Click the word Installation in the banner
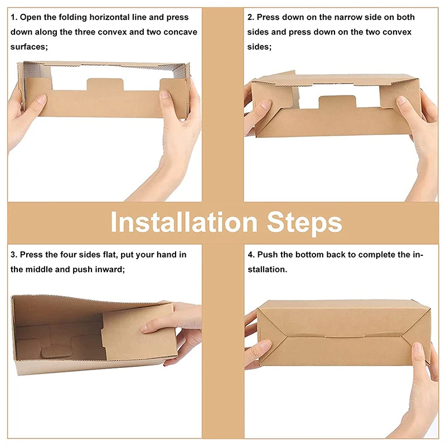184,222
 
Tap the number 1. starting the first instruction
14,17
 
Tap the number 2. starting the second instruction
250,17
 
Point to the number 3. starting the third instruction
14,255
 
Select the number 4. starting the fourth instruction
251,255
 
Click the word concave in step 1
180,32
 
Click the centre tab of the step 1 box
105,85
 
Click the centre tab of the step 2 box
337,102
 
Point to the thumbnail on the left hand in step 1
41,99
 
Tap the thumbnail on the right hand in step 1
164,95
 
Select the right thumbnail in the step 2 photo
401,101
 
